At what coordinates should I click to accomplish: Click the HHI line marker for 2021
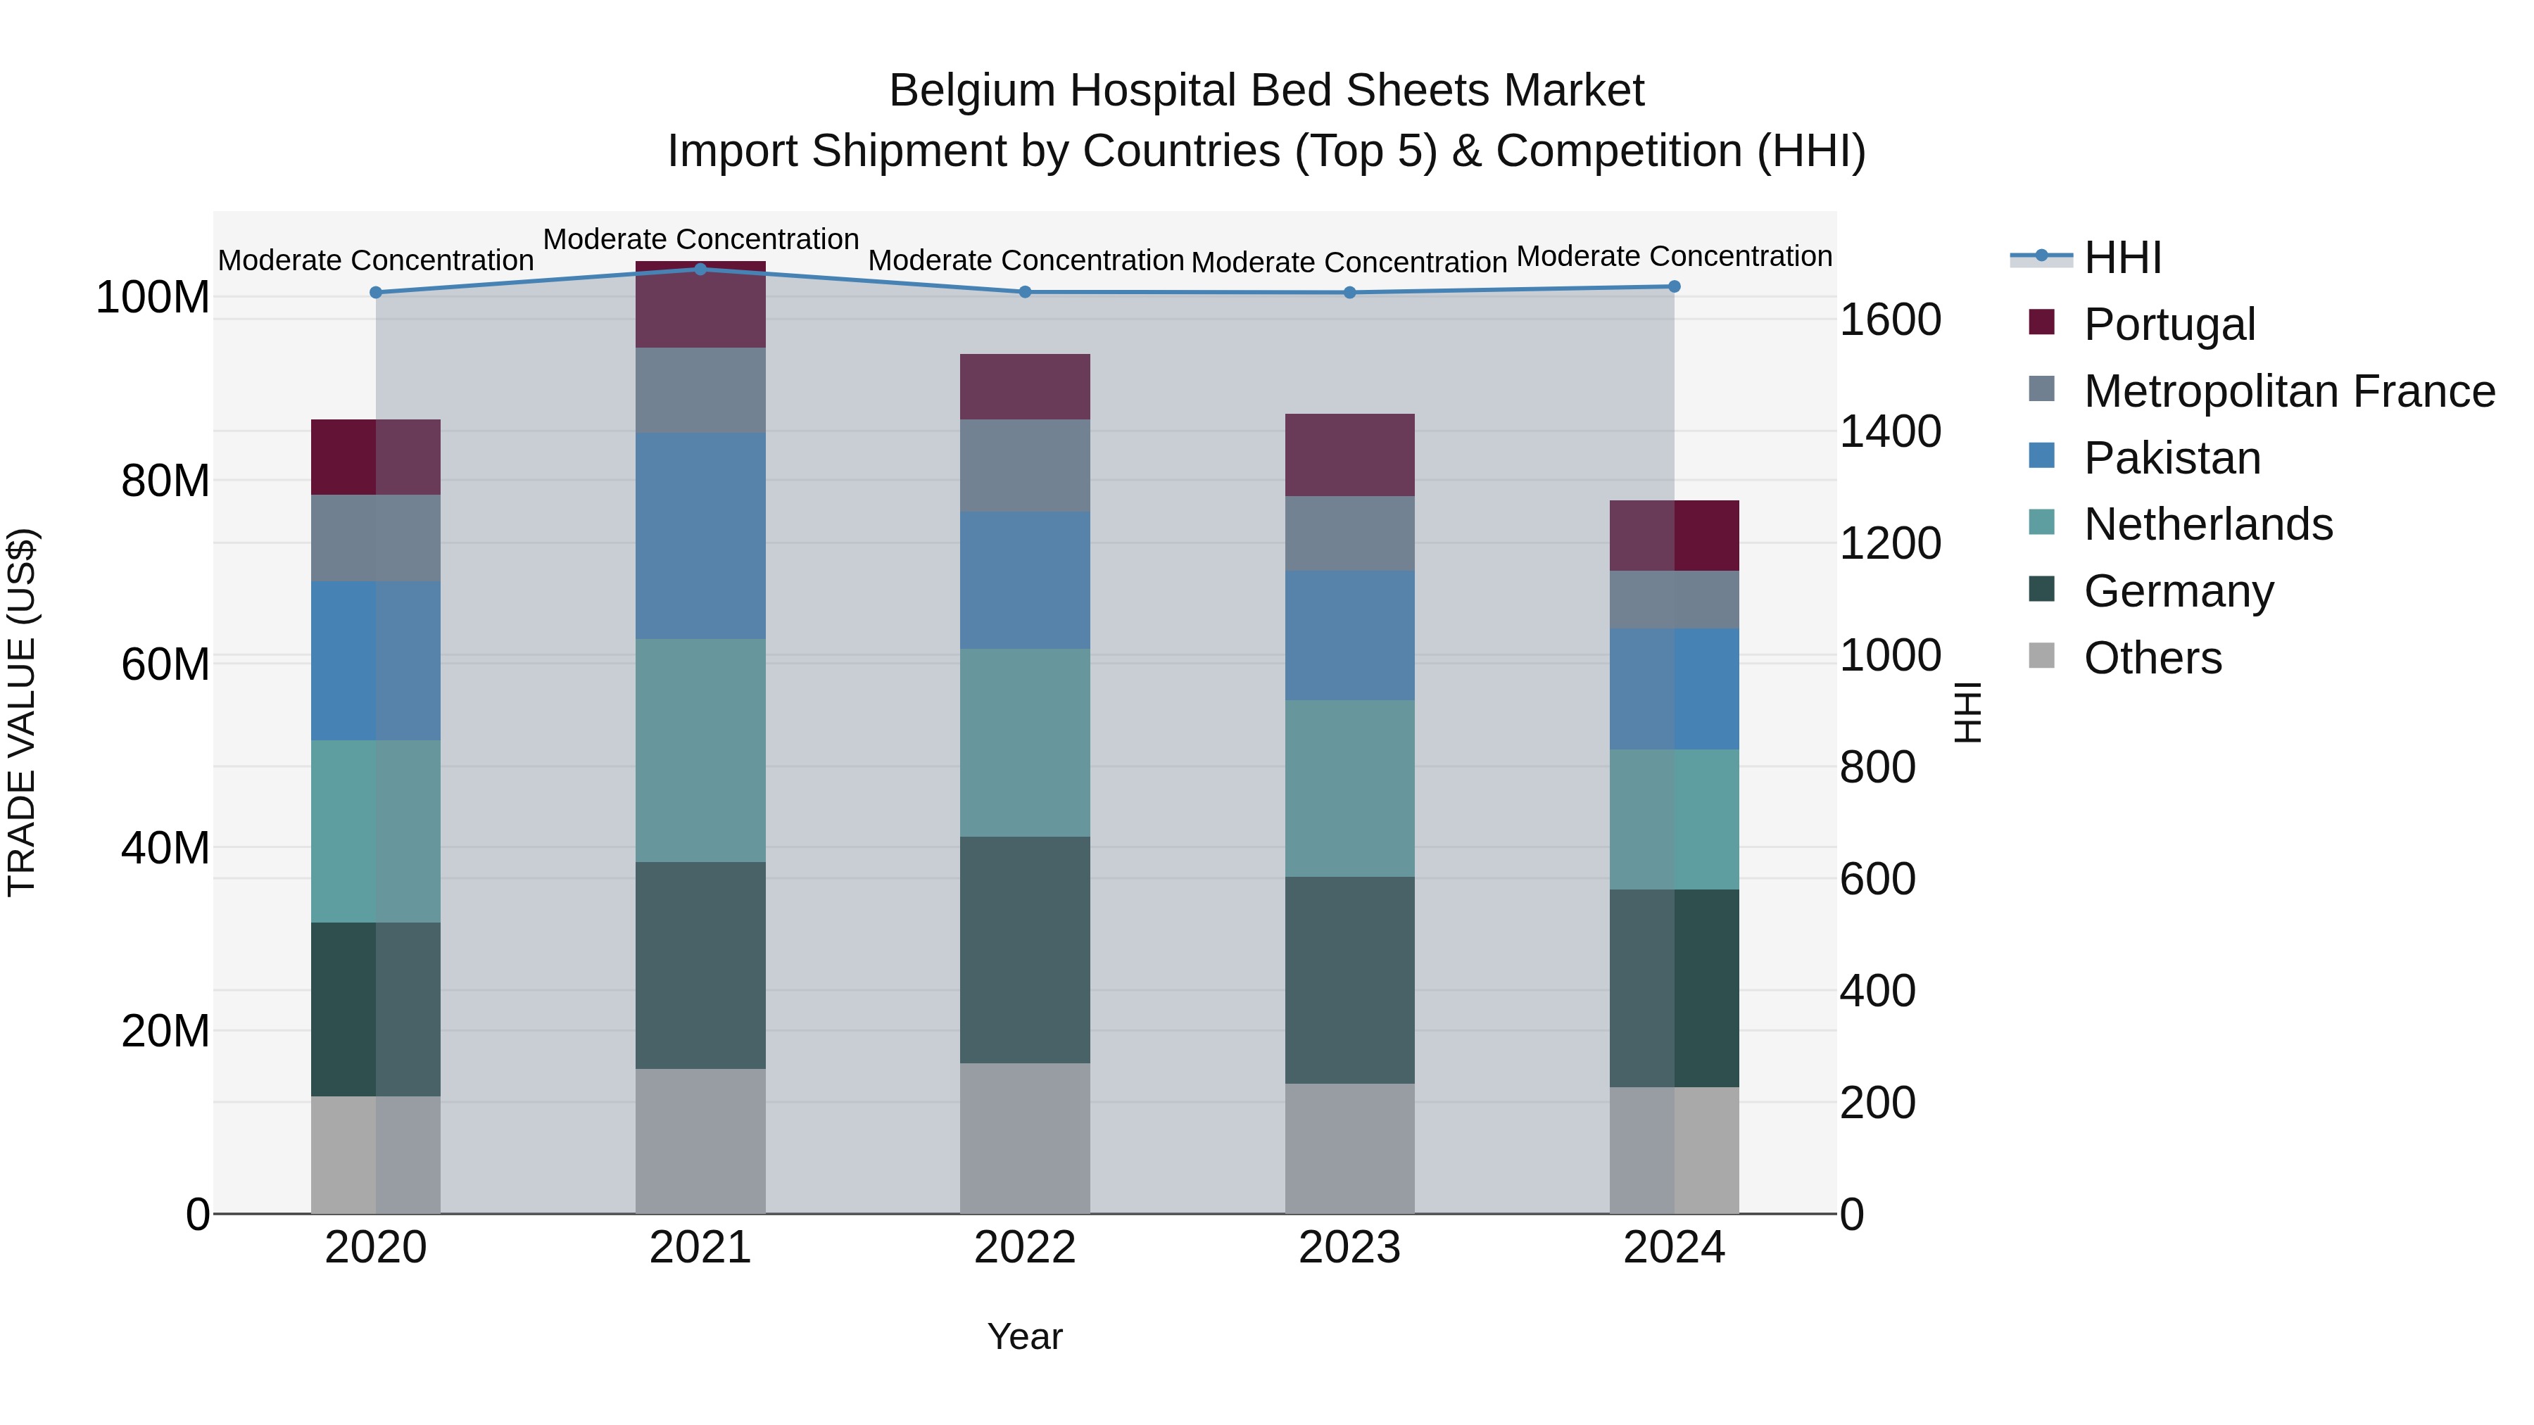tap(700, 269)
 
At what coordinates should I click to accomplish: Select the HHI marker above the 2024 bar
tap(1675, 286)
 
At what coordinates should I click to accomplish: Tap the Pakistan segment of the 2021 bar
tap(700, 536)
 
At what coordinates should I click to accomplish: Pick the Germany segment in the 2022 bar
tap(1025, 950)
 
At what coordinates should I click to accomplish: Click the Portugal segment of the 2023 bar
tap(1349, 455)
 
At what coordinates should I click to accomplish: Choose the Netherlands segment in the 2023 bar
tap(1349, 789)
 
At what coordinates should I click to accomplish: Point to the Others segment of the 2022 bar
tap(1025, 1138)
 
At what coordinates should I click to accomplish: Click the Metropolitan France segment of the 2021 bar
tap(700, 391)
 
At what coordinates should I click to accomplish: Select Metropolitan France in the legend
tap(2288, 391)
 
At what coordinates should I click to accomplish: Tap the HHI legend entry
tap(2122, 258)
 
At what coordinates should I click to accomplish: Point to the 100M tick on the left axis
tap(153, 297)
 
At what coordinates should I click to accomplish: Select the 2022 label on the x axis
tap(1025, 1248)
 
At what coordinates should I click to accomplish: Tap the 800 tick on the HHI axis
tap(1877, 767)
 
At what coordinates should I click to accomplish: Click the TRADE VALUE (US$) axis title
tap(23, 712)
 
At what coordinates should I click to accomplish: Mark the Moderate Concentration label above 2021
tap(700, 239)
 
